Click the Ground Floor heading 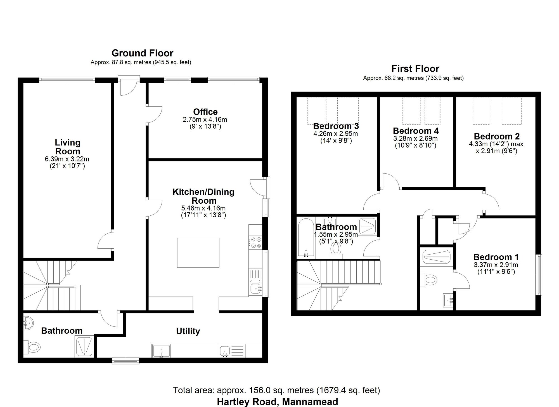click(x=142, y=53)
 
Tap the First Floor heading click(x=415, y=69)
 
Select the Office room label click(x=205, y=112)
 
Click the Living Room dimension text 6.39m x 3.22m click(x=67, y=159)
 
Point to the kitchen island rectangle click(x=198, y=253)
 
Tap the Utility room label click(x=188, y=331)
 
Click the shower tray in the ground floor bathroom click(x=84, y=346)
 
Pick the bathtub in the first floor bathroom click(x=306, y=238)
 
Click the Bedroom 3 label click(x=336, y=126)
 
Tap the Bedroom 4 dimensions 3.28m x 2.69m click(x=415, y=138)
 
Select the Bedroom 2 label click(x=496, y=136)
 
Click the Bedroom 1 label click(x=496, y=257)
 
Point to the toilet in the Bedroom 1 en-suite click(x=429, y=279)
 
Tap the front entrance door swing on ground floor click(x=128, y=87)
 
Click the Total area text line click(x=276, y=390)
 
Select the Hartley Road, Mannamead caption click(x=277, y=402)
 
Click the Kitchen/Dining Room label click(x=203, y=196)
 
